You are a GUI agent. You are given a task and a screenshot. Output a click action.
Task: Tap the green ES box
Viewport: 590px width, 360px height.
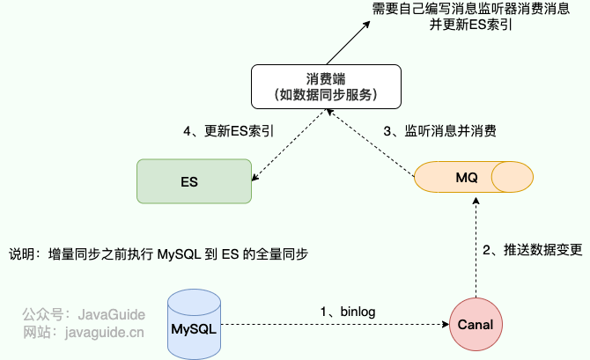(x=188, y=182)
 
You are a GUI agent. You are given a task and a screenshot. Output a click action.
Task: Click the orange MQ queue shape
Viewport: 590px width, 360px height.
(x=474, y=177)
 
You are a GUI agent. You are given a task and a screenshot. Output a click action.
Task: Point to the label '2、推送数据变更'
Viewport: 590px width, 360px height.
(x=532, y=249)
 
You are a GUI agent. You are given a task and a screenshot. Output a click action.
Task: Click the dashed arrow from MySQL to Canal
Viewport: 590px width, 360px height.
(x=335, y=325)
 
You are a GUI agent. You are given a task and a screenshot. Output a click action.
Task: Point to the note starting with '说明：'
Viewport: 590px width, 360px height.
(x=159, y=254)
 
